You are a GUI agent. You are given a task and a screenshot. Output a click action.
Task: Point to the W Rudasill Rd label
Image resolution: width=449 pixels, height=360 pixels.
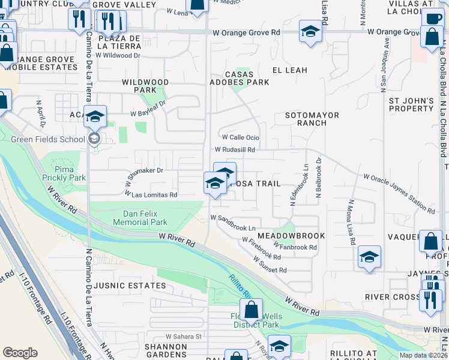235,150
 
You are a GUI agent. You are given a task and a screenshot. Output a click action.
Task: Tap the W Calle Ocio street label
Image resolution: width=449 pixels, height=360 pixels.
240,137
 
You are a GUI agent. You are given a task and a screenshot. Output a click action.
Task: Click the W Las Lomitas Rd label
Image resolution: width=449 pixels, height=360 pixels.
151,194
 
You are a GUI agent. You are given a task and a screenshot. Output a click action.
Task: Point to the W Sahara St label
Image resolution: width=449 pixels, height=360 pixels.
184,337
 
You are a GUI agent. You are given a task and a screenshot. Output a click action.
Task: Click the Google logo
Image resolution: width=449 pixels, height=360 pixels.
20,353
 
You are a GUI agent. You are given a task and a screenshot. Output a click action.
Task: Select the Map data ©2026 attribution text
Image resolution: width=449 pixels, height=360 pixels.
423,355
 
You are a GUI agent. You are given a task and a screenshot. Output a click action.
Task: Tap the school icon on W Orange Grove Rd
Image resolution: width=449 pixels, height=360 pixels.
310,31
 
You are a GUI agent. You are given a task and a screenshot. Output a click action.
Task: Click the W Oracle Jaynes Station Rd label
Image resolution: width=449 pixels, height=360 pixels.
399,193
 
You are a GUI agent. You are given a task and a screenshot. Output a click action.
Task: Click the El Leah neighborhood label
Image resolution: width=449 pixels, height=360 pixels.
289,70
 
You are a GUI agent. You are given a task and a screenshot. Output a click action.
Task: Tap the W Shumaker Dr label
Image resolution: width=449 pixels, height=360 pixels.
144,174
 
